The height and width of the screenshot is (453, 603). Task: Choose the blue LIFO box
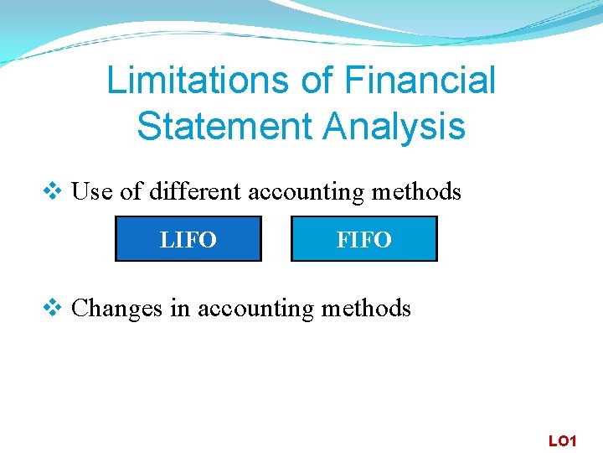tap(188, 240)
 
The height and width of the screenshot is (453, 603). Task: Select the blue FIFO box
tap(363, 240)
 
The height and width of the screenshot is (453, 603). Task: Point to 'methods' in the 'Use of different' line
tap(416, 192)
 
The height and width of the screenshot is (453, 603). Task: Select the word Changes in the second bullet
tap(117, 310)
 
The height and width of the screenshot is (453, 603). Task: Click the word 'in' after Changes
tap(179, 309)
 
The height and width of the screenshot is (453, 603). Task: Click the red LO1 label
tap(562, 440)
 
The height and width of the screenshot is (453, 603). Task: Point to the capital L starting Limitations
tap(116, 81)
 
